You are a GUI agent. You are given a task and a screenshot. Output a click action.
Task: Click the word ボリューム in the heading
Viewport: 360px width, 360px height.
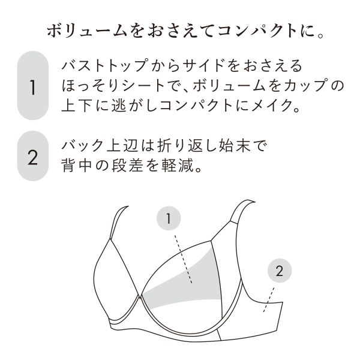pyautogui.click(x=87, y=31)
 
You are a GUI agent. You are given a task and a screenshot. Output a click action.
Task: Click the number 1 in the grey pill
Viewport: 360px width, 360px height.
pyautogui.click(x=33, y=88)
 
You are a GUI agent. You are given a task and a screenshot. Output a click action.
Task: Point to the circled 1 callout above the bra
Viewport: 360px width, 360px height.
pyautogui.click(x=169, y=218)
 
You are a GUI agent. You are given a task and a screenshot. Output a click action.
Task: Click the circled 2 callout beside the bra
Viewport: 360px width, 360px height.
pyautogui.click(x=280, y=271)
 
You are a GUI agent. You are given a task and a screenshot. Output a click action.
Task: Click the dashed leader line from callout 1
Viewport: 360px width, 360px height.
pyautogui.click(x=183, y=259)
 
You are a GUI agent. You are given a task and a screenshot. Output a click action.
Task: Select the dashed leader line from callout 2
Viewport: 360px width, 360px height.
pyautogui.click(x=269, y=299)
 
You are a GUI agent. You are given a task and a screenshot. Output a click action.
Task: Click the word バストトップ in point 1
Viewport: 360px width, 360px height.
pyautogui.click(x=104, y=66)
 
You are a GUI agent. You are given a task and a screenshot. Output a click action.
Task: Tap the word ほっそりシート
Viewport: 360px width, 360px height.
pyautogui.click(x=113, y=86)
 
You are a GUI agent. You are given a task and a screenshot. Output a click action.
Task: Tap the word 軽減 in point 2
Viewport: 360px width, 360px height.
pyautogui.click(x=177, y=166)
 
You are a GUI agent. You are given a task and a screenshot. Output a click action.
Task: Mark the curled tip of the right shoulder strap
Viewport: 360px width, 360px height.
pyautogui.click(x=254, y=202)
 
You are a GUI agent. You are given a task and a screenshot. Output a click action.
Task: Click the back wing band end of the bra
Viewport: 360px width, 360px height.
pyautogui.click(x=278, y=317)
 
